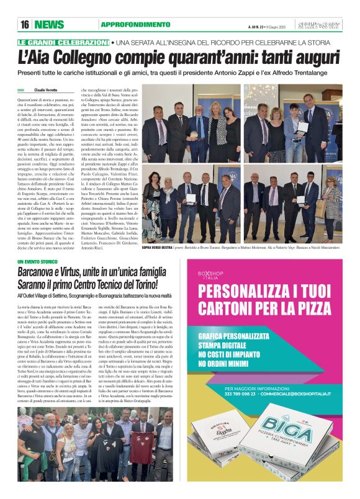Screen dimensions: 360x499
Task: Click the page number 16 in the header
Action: [x=25, y=25]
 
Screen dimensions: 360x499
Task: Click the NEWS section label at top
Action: [x=49, y=25]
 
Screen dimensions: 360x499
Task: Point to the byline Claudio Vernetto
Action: [x=45, y=90]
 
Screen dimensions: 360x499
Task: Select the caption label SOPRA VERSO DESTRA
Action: [x=158, y=247]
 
